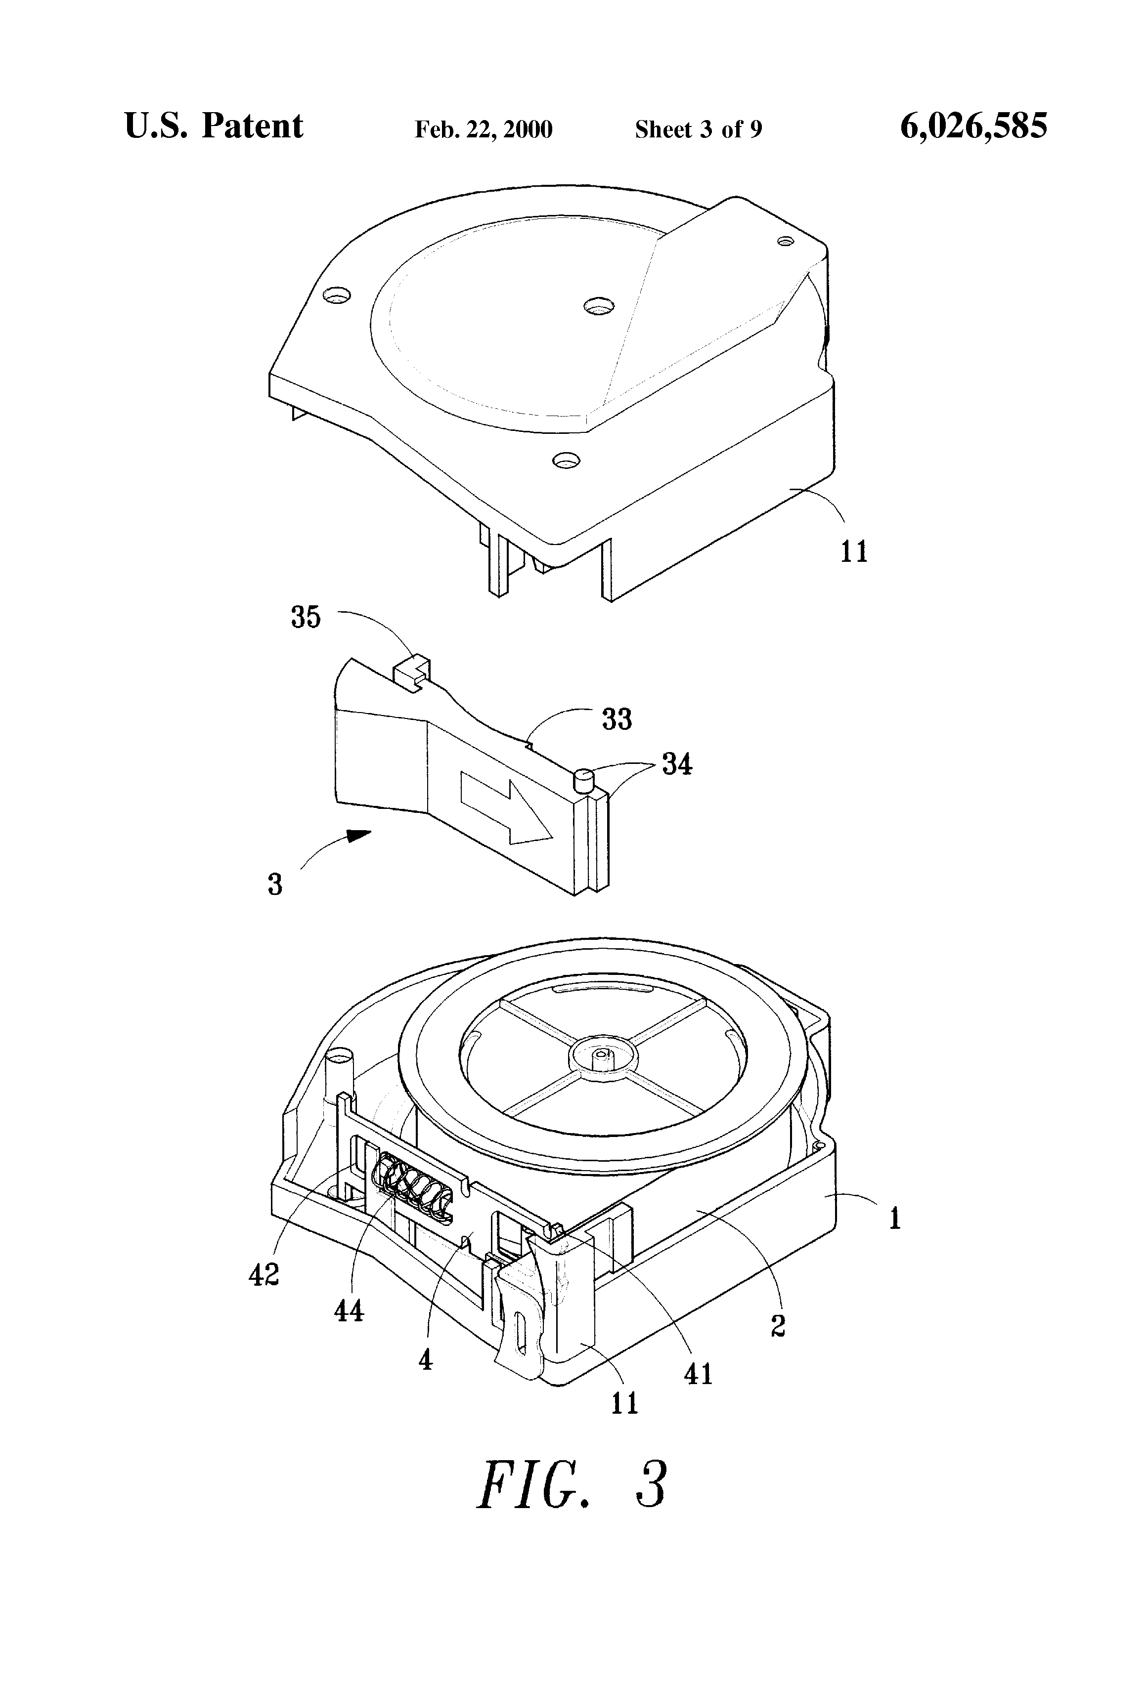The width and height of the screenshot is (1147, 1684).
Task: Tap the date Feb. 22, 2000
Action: point(483,129)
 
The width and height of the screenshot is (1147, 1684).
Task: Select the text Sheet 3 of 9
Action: point(698,129)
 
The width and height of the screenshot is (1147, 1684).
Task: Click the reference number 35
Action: point(305,617)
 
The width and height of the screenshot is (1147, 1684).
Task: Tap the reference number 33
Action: point(617,719)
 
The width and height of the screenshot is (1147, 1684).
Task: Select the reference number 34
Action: point(676,764)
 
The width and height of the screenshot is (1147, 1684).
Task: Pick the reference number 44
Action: point(348,1310)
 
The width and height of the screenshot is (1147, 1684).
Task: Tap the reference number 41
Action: point(698,1374)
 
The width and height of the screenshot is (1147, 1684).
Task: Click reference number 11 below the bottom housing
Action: point(624,1403)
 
